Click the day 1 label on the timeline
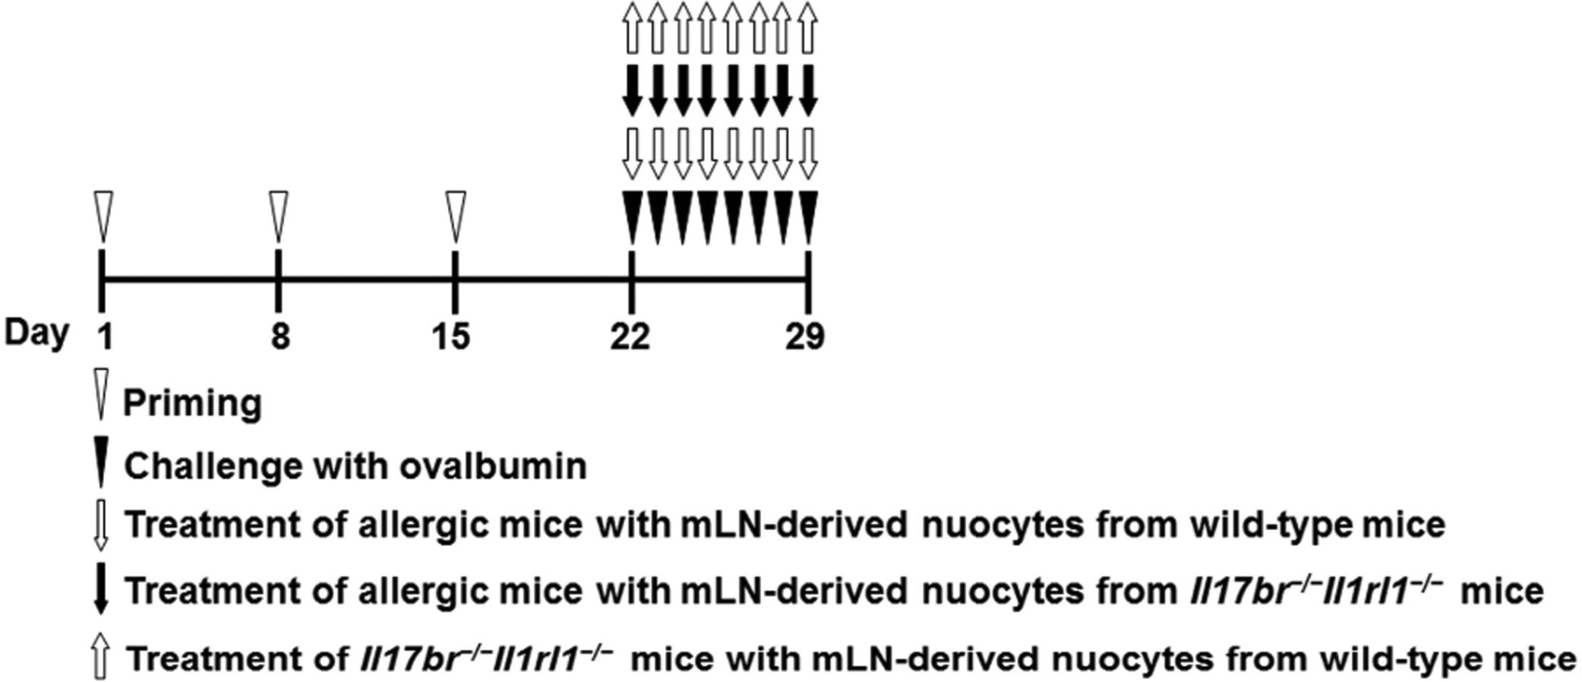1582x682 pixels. tap(105, 336)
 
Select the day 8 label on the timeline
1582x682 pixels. tap(280, 336)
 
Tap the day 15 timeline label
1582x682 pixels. tap(453, 336)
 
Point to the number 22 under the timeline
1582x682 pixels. tap(630, 336)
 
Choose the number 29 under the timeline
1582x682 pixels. tap(806, 336)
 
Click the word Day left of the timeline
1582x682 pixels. tap(36, 333)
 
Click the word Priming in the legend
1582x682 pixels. tap(192, 403)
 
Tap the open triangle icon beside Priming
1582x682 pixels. tap(101, 393)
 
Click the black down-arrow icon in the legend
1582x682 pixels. tap(101, 590)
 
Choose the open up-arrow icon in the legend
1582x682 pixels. tap(101, 657)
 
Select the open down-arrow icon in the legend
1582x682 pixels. tap(101, 526)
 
